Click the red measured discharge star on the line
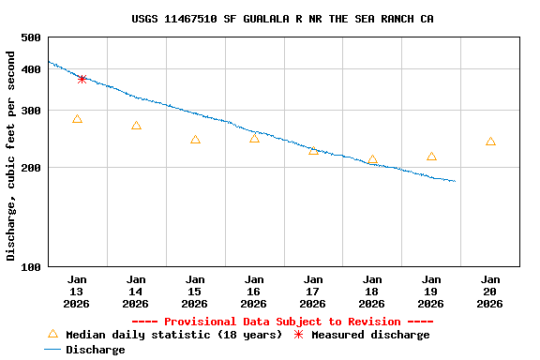pyautogui.click(x=82, y=79)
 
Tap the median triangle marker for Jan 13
pyautogui.click(x=77, y=119)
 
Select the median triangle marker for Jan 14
pyautogui.click(x=136, y=126)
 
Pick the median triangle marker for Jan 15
pyautogui.click(x=195, y=140)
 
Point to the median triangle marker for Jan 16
pyautogui.click(x=254, y=138)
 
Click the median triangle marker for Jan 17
pyautogui.click(x=313, y=150)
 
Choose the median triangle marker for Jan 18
pyautogui.click(x=372, y=159)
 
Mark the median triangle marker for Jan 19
pyautogui.click(x=431, y=157)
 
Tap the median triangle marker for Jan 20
pyautogui.click(x=490, y=142)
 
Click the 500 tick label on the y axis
pyautogui.click(x=30, y=37)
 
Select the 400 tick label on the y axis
pyautogui.click(x=30, y=69)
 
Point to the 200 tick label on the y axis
pyautogui.click(x=30, y=168)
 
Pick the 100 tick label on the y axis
pyautogui.click(x=30, y=267)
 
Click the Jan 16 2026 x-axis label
pyautogui.click(x=254, y=292)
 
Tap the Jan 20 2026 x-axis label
pyautogui.click(x=490, y=292)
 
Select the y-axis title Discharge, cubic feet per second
pyautogui.click(x=11, y=156)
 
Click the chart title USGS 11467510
pyautogui.click(x=282, y=19)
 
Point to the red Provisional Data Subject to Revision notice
pyautogui.click(x=282, y=322)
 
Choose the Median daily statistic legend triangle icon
pyautogui.click(x=52, y=334)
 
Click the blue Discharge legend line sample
pyautogui.click(x=52, y=350)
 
